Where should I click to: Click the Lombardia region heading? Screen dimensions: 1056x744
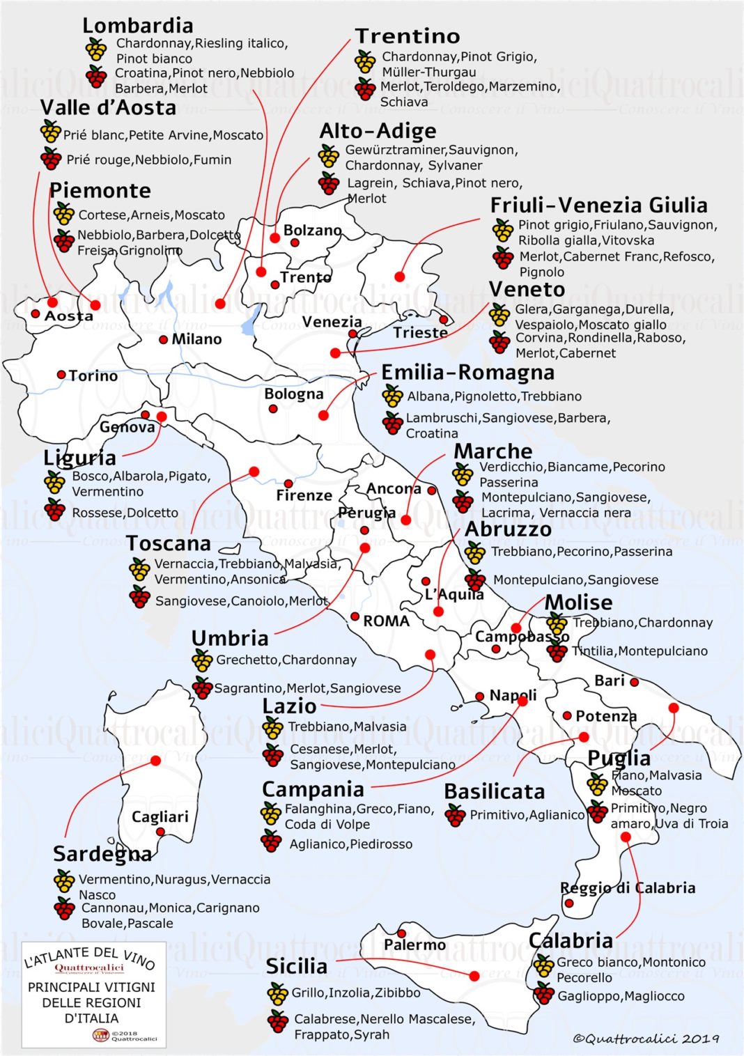(138, 26)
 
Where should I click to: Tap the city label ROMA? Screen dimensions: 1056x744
(386, 621)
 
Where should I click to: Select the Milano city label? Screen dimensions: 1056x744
(196, 339)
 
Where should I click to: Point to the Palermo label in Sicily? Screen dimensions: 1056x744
(414, 945)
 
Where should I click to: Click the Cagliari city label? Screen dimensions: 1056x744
(160, 816)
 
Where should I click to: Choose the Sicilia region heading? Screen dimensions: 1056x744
(296, 966)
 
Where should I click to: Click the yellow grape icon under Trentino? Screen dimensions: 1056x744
(365, 62)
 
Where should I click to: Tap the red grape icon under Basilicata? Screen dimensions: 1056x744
(455, 815)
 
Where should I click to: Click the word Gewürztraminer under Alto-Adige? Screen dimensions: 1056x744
(395, 150)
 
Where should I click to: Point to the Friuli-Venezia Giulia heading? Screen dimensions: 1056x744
(598, 205)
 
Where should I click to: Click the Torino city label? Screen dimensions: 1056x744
(93, 376)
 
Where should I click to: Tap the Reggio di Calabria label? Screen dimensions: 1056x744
(628, 888)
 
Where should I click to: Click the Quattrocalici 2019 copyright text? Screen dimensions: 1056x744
(646, 1039)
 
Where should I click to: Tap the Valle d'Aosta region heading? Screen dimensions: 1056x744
(108, 108)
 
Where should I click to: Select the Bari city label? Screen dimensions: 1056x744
(610, 681)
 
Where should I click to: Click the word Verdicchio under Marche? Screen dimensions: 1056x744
(511, 467)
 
